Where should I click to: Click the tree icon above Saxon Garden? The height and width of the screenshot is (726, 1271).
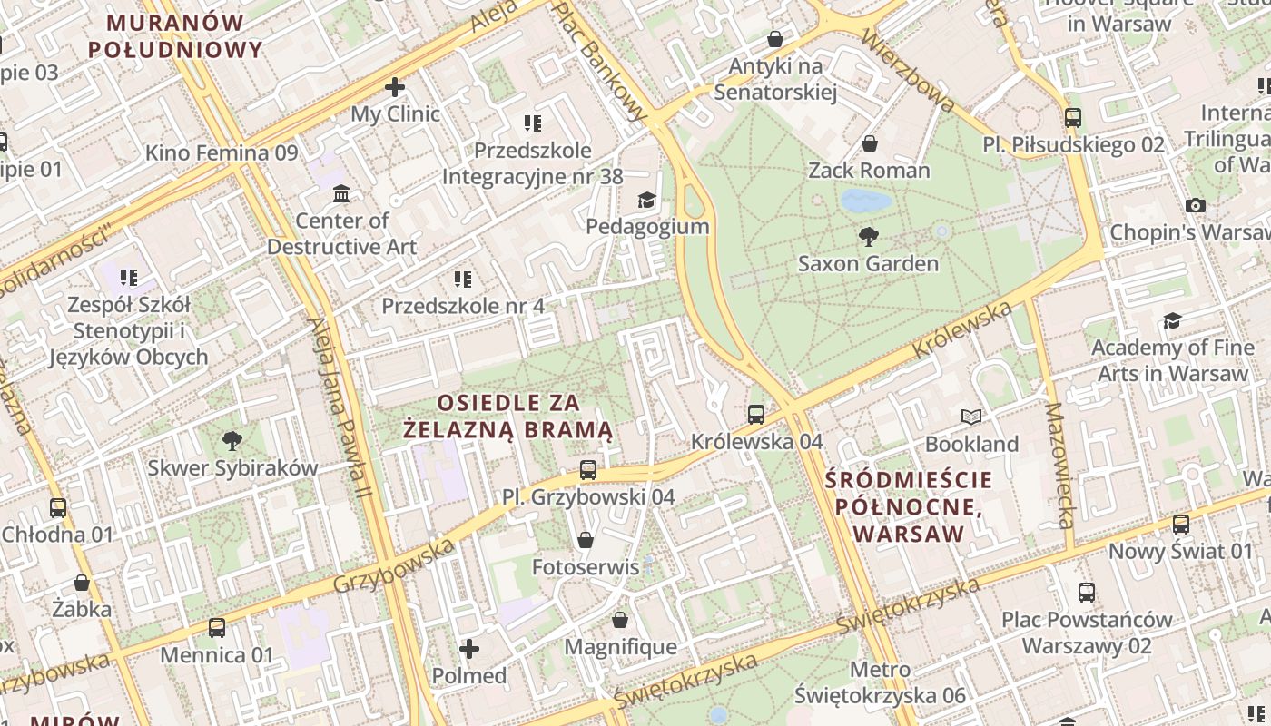tap(869, 237)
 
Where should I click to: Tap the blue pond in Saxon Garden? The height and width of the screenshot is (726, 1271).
tap(862, 200)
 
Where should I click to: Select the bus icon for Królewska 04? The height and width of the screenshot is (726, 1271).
tap(756, 415)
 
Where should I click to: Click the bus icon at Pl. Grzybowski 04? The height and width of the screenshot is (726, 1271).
tap(588, 470)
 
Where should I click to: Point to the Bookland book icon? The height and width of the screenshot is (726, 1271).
tap(971, 417)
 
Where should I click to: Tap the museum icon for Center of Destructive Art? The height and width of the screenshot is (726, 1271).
tap(341, 193)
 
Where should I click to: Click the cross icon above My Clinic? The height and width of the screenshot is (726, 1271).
tap(395, 87)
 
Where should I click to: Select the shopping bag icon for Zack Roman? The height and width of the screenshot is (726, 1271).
tap(869, 143)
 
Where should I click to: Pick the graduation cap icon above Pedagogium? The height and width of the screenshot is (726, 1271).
tap(646, 200)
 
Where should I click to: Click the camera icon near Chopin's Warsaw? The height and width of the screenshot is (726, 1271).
tap(1196, 205)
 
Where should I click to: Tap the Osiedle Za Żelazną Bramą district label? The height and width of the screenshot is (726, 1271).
tap(508, 416)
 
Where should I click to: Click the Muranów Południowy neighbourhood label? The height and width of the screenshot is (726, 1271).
tap(176, 35)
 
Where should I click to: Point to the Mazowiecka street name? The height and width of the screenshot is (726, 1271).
tap(1059, 466)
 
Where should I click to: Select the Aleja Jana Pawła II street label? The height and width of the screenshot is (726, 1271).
tap(340, 408)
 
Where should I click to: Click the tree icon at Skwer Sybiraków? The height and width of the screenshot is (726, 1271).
tap(232, 441)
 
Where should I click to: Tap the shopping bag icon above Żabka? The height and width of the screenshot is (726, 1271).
tap(82, 583)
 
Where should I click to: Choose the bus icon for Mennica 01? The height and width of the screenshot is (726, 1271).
tap(216, 627)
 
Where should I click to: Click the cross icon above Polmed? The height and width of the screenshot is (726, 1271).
tap(469, 649)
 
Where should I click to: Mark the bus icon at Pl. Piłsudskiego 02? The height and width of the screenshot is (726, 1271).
tap(1073, 117)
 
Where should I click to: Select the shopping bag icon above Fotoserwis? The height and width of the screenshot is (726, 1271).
tap(586, 540)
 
